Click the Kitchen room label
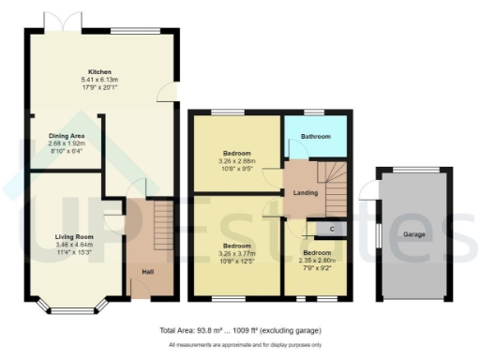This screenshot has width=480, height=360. [x=100, y=72]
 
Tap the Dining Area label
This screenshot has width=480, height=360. [x=67, y=136]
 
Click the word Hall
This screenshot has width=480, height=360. [x=148, y=272]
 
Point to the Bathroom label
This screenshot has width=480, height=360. [x=315, y=137]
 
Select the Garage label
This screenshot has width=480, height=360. [x=416, y=233]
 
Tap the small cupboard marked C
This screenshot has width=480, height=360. [x=332, y=229]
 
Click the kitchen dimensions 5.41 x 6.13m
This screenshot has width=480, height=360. [x=100, y=80]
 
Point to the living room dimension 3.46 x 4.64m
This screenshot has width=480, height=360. [x=65, y=245]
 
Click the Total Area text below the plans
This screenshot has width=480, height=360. [x=239, y=331]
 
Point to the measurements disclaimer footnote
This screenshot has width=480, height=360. [x=239, y=346]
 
